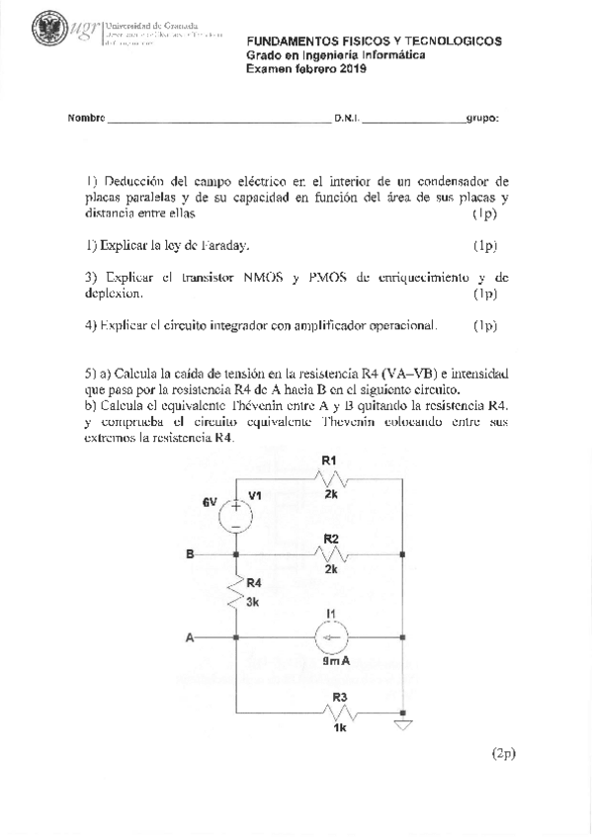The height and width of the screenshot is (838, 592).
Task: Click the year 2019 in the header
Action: coord(352,69)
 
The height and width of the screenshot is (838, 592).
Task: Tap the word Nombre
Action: coord(86,118)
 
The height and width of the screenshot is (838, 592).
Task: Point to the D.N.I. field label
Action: coord(347,118)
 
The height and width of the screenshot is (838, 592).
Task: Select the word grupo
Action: coord(482,118)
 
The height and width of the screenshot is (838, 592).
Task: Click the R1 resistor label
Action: coord(330,461)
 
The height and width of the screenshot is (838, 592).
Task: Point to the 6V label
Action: coord(210,502)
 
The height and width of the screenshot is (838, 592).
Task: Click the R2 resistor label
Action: coord(331,539)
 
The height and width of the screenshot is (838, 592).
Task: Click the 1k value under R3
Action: coord(340,728)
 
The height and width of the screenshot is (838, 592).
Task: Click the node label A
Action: coord(189,637)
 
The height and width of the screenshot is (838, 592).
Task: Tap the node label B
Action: coord(190,554)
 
